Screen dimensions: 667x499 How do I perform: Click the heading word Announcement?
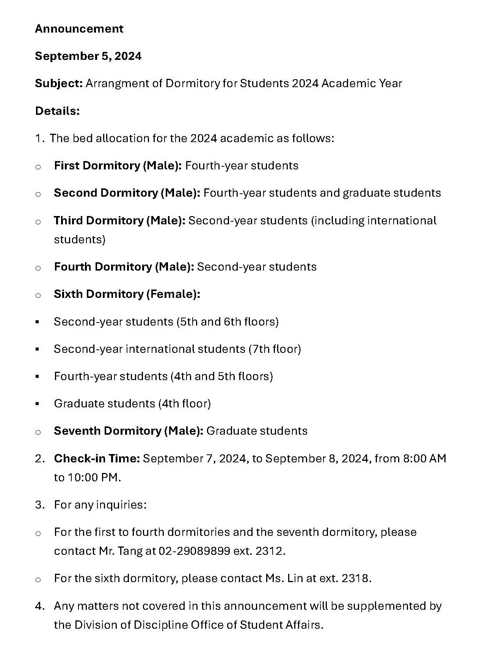(79, 29)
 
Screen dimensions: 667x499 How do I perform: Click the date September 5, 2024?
(88, 56)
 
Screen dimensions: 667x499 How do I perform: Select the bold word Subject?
(59, 83)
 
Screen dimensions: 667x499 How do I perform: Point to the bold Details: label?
(57, 111)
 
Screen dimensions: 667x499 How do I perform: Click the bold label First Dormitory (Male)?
(118, 166)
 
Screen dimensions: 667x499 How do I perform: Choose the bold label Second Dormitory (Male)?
(127, 193)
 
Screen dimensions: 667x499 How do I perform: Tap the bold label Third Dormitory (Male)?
(119, 221)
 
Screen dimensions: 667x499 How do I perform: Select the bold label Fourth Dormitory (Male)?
(124, 267)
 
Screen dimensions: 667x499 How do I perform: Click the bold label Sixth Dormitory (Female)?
(127, 294)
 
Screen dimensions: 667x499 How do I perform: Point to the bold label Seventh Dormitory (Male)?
(129, 431)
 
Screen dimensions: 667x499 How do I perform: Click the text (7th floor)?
(275, 349)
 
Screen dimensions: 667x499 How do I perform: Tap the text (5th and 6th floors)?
(228, 322)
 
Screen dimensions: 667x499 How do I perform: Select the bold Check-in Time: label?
(97, 459)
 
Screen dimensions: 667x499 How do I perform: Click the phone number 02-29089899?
(194, 551)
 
